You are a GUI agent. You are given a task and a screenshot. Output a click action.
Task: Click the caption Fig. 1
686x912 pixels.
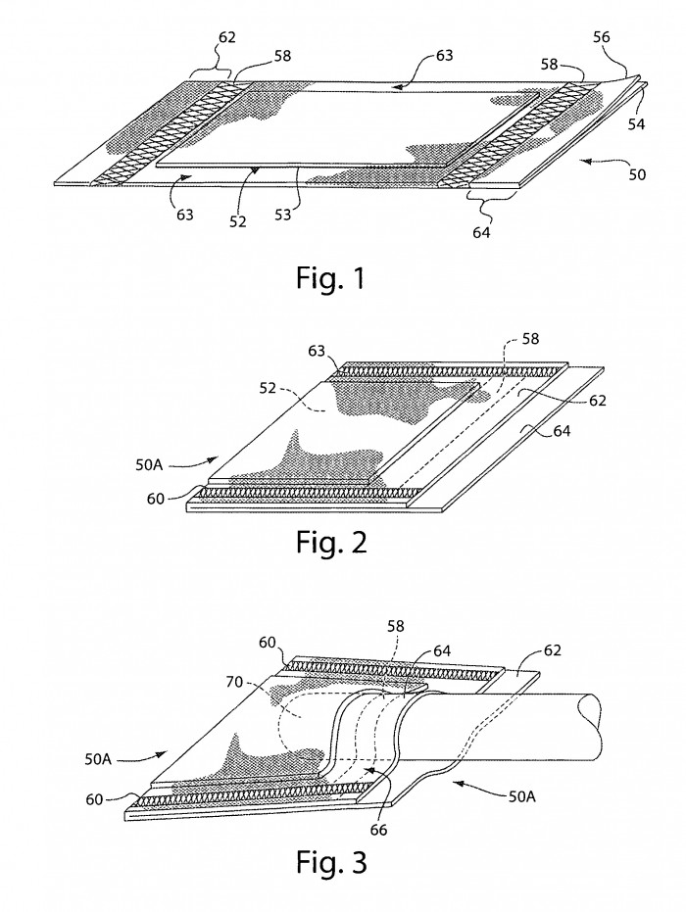(x=330, y=278)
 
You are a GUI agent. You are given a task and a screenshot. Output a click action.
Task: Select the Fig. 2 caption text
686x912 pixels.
(x=331, y=542)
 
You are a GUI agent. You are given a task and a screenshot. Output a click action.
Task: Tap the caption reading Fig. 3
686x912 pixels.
(x=331, y=861)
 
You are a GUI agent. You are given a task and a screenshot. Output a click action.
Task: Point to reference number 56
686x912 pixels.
(x=601, y=37)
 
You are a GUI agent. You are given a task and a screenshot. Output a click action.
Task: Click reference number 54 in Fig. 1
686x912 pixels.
(x=636, y=123)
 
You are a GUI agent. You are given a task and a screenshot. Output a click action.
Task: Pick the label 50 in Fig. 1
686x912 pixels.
(x=637, y=174)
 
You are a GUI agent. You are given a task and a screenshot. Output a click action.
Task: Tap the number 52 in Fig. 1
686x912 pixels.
(x=237, y=221)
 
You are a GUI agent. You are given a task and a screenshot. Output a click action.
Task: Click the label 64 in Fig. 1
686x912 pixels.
(x=481, y=232)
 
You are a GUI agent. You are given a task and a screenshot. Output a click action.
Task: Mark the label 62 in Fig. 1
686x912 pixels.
(x=227, y=37)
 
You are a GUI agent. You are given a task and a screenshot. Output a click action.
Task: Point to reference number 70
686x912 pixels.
(x=234, y=682)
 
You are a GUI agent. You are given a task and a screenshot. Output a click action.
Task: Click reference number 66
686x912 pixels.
(x=378, y=830)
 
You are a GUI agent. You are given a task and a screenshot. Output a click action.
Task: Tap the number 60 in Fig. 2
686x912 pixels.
(x=156, y=499)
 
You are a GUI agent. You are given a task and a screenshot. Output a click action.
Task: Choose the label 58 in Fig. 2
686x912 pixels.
(x=530, y=338)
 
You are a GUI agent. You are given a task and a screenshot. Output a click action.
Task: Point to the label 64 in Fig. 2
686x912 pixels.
(x=561, y=431)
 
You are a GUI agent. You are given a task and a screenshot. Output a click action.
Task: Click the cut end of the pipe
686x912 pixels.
(x=591, y=726)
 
